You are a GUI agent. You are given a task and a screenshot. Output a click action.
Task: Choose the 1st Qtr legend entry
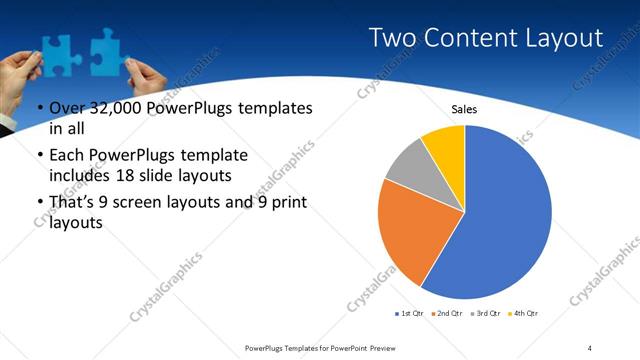[408, 315]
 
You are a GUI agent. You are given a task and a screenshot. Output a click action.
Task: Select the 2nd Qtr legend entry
[445, 315]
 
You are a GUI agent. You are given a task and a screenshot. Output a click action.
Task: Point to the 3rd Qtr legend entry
[485, 315]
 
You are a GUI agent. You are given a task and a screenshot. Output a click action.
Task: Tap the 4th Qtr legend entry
[523, 315]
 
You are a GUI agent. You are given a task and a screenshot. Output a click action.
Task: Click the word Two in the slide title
[391, 39]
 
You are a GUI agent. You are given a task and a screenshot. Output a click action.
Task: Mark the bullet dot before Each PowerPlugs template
[39, 156]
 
